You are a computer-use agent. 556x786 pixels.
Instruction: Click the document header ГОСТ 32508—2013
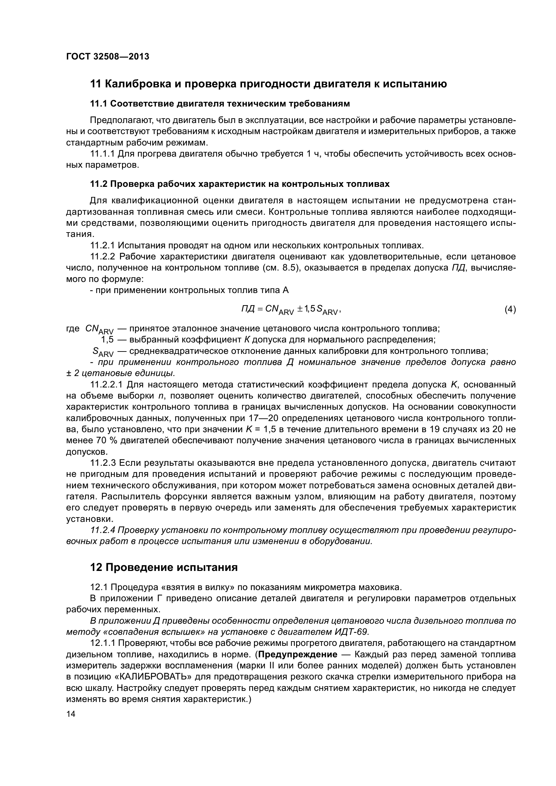pyautogui.click(x=108, y=57)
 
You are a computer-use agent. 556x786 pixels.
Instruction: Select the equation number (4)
pyautogui.click(x=510, y=309)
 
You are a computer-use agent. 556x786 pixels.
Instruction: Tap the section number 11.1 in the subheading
pyautogui.click(x=99, y=104)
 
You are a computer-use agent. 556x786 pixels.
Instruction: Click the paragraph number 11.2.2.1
pyautogui.click(x=107, y=385)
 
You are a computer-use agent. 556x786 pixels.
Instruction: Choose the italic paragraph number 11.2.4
pyautogui.click(x=103, y=530)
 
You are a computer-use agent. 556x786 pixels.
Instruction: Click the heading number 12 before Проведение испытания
pyautogui.click(x=96, y=568)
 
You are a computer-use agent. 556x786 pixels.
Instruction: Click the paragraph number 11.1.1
pyautogui.click(x=103, y=154)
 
